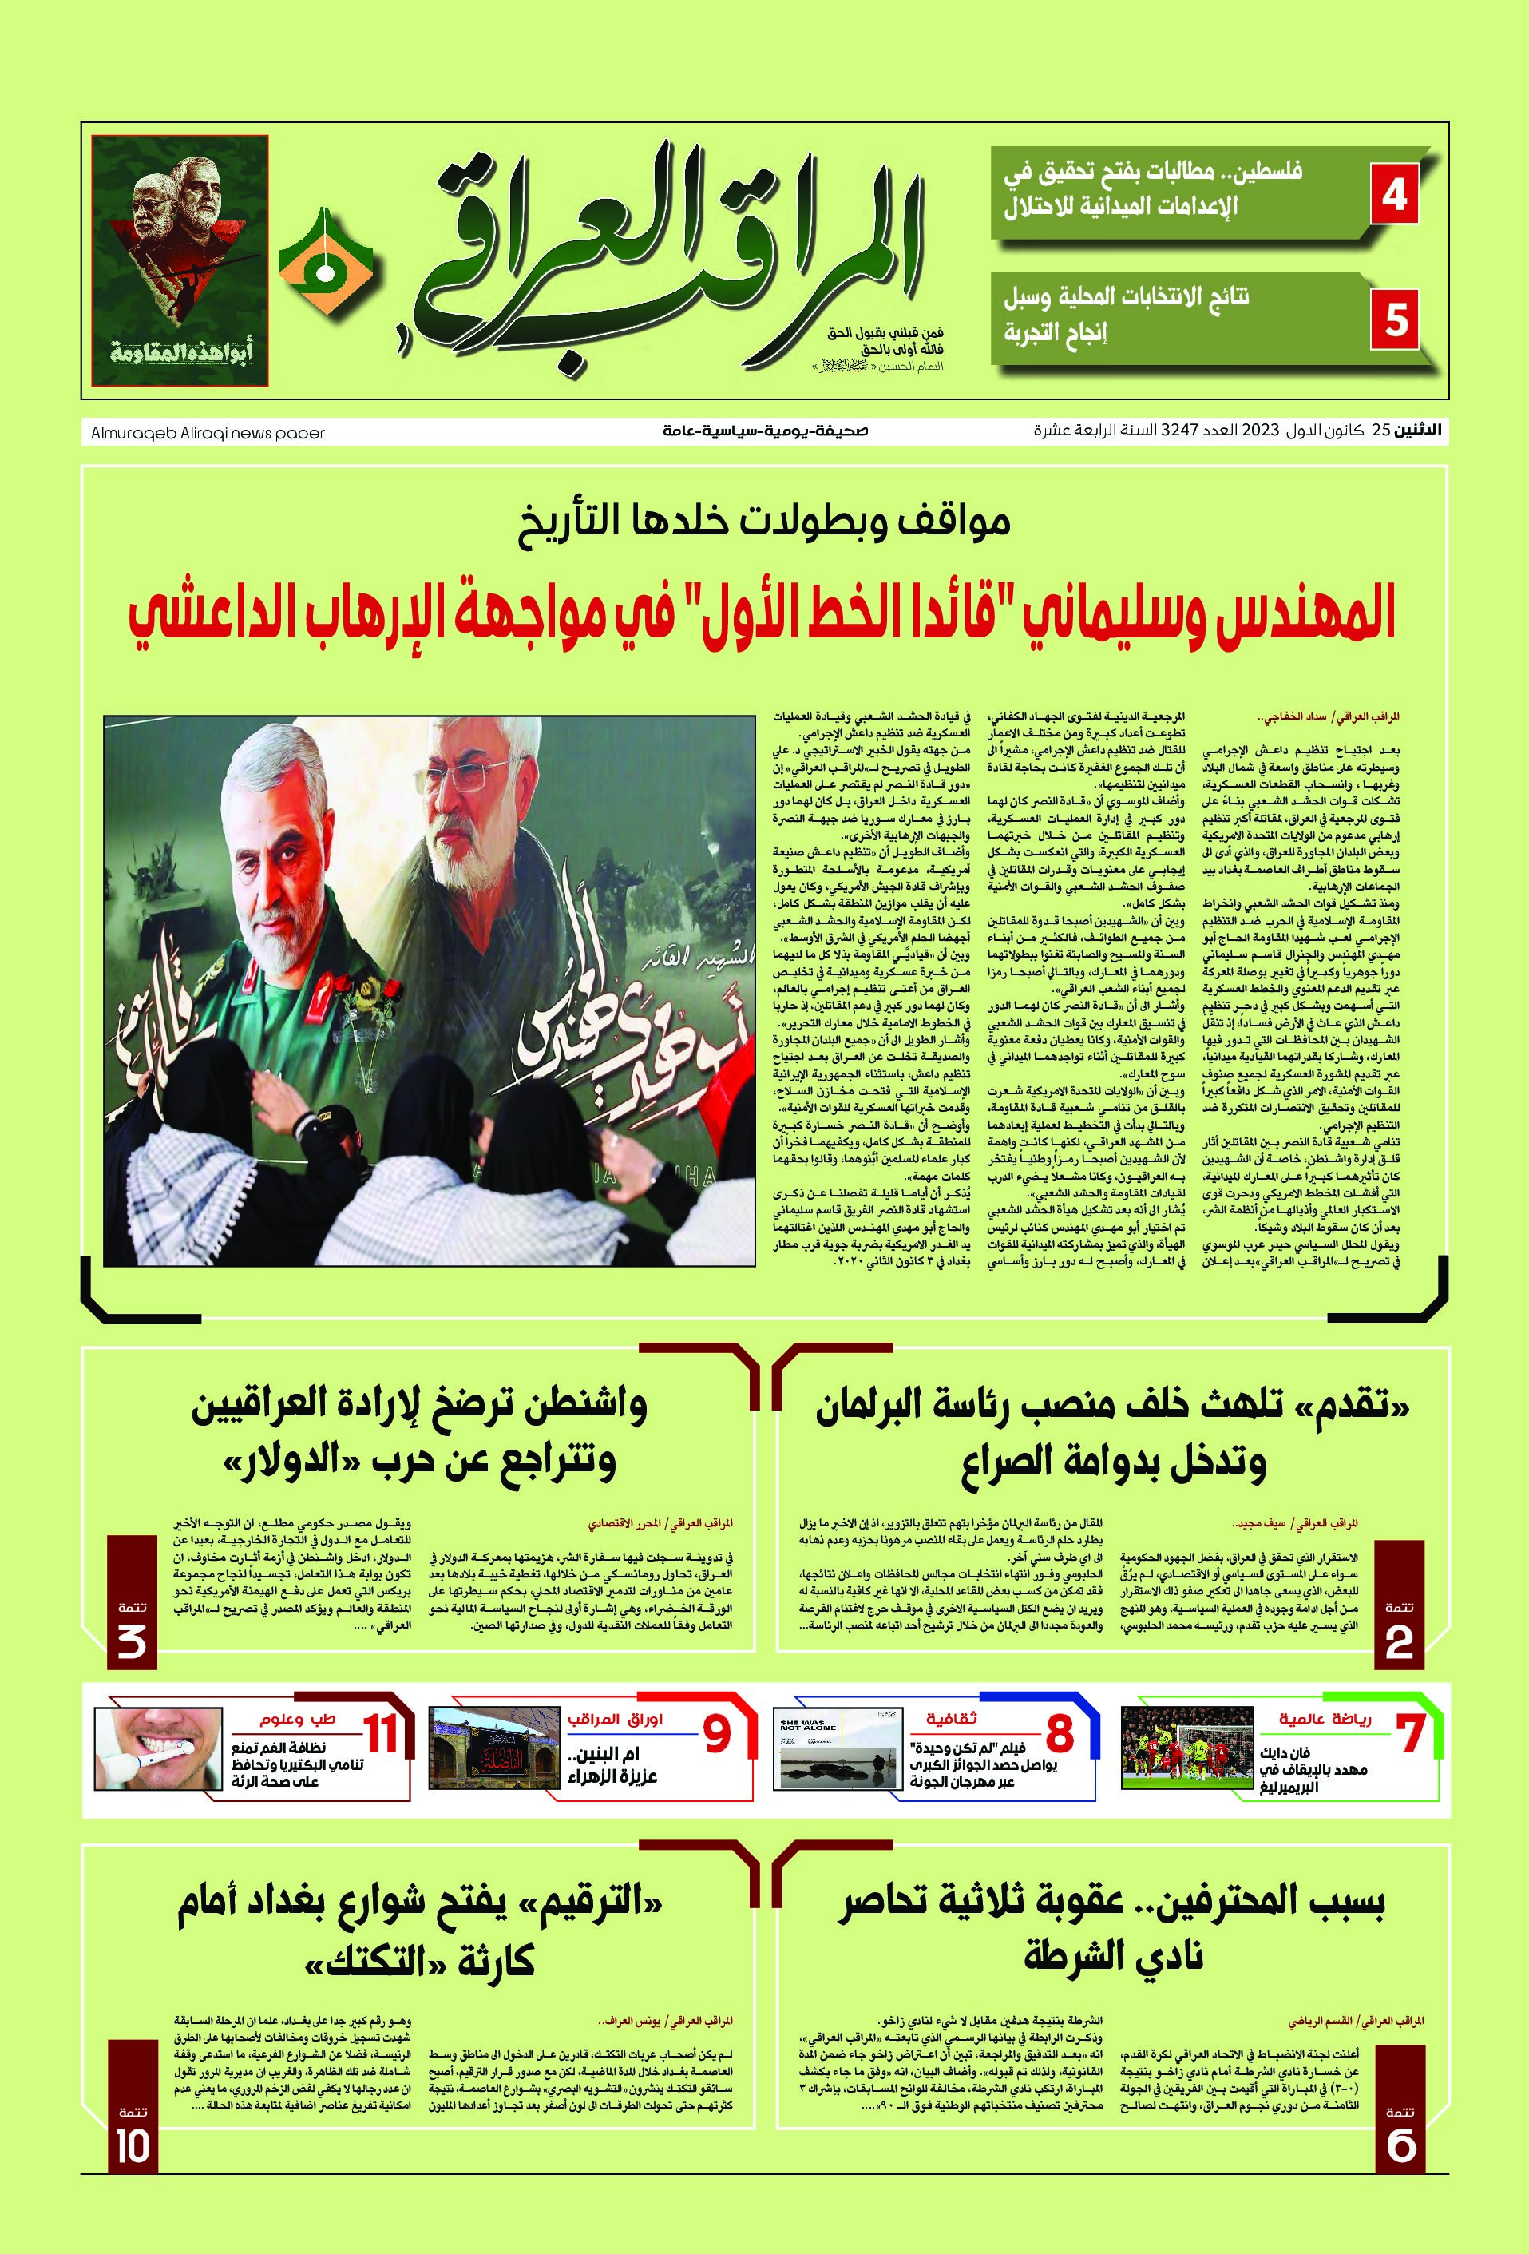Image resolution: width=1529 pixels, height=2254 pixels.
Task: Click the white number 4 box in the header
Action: tap(1394, 194)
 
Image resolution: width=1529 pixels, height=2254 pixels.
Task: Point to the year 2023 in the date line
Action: tap(1263, 430)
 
